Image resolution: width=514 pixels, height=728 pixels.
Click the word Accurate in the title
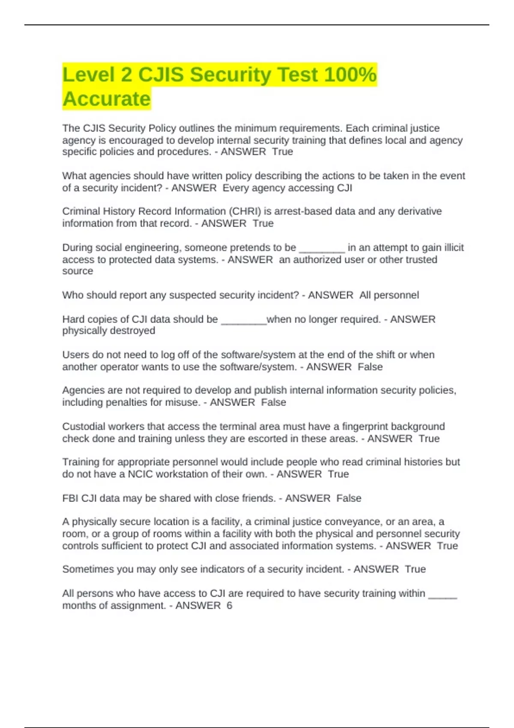pos(107,99)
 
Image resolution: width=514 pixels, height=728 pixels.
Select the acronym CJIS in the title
pos(161,75)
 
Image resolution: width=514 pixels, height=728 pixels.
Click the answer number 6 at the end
pos(229,606)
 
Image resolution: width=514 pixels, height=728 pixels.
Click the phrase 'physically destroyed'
pos(109,331)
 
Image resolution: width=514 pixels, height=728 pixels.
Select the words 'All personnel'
pos(389,295)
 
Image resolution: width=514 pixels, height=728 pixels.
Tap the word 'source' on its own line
pos(78,271)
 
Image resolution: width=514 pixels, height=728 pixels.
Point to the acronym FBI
pos(70,498)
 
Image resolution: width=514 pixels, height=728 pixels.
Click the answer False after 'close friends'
pos(349,498)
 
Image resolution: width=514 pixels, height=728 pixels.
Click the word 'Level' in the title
pos(89,75)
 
